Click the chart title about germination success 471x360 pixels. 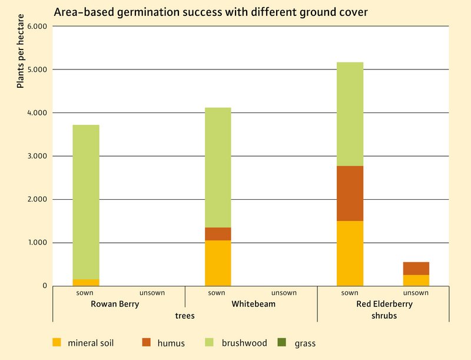point(211,12)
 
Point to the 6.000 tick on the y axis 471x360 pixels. point(37,27)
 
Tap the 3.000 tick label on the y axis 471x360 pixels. point(37,156)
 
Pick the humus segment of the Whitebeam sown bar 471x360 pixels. point(218,234)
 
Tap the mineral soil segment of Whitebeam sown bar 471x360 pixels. point(218,263)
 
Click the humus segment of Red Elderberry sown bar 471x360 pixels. point(350,193)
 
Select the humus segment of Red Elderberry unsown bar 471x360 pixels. point(416,268)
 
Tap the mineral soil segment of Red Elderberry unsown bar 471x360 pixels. point(416,280)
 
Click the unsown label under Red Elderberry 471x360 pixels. point(416,293)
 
